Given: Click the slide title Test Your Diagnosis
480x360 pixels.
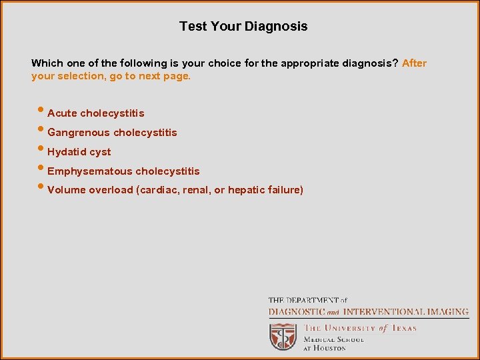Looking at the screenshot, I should pyautogui.click(x=243, y=27).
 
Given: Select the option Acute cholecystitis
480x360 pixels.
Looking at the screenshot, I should pyautogui.click(x=96, y=113).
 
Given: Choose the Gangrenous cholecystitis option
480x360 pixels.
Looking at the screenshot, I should pyautogui.click(x=112, y=133).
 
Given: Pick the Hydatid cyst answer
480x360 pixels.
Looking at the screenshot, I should pyautogui.click(x=79, y=152).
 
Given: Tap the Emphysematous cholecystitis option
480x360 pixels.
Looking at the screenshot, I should pyautogui.click(x=123, y=171).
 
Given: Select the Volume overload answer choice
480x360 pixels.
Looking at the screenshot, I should pyautogui.click(x=175, y=190).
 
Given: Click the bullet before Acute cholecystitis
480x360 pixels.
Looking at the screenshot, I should pyautogui.click(x=42, y=112).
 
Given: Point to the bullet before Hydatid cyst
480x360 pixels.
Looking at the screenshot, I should pyautogui.click(x=42, y=151).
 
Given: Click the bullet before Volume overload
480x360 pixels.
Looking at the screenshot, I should pyautogui.click(x=42, y=189).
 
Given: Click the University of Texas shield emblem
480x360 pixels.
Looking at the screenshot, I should pyautogui.click(x=283, y=337).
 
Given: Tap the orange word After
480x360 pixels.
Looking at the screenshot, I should pyautogui.click(x=414, y=63).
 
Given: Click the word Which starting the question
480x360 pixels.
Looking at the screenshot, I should pyautogui.click(x=47, y=63).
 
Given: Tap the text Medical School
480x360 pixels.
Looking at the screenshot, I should pyautogui.click(x=334, y=339).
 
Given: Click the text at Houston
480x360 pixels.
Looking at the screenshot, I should pyautogui.click(x=325, y=348).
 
